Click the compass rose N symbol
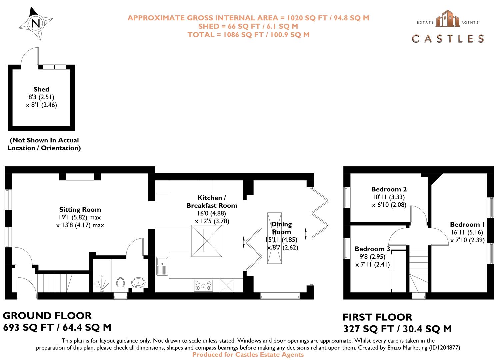pyautogui.click(x=36, y=23)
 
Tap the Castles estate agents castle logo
pyautogui.click(x=448, y=19)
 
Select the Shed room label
pyautogui.click(x=41, y=89)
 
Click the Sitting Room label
pyautogui.click(x=80, y=210)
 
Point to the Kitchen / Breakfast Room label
pyautogui.click(x=212, y=202)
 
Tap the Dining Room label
pyautogui.click(x=281, y=228)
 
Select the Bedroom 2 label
pyautogui.click(x=389, y=189)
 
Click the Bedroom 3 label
pyautogui.click(x=372, y=249)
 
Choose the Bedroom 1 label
pyautogui.click(x=467, y=225)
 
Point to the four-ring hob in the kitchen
pyautogui.click(x=203, y=286)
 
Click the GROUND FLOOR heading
pyautogui.click(x=47, y=316)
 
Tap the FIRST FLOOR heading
pyautogui.click(x=377, y=317)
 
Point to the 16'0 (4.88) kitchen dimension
pyautogui.click(x=212, y=213)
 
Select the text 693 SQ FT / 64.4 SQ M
pyautogui.click(x=57, y=328)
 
